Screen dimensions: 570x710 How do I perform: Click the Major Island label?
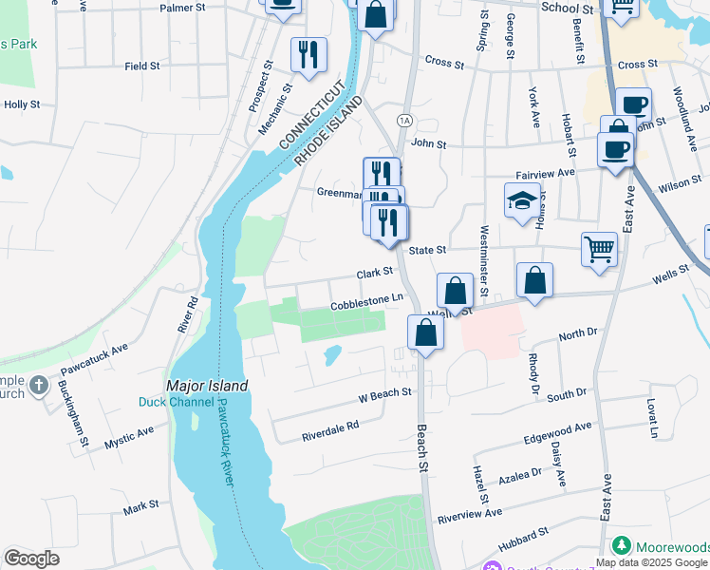tap(207, 387)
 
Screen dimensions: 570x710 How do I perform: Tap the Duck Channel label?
tap(171, 403)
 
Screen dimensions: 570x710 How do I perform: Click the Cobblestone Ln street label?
tap(367, 301)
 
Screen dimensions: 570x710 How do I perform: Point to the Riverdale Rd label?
tap(330, 427)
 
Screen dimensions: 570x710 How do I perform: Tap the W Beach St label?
tap(384, 392)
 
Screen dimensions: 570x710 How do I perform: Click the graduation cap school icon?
tap(521, 200)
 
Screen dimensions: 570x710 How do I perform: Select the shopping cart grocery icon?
tap(600, 250)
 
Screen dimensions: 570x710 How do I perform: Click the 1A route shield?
tap(405, 120)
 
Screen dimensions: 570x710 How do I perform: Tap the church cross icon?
tap(38, 386)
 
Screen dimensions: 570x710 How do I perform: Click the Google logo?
tap(31, 559)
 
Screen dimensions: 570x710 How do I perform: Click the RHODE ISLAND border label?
tap(328, 130)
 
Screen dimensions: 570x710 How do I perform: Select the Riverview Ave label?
tap(469, 514)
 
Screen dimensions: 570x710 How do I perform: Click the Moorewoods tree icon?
tap(622, 546)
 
